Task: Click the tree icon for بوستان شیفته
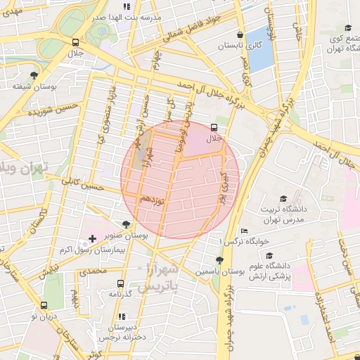[x=34, y=75]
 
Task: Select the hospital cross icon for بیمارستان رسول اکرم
[x=91, y=240]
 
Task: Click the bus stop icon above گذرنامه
[x=120, y=283]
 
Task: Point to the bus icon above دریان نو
[x=44, y=306]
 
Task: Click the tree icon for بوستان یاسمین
[x=219, y=259]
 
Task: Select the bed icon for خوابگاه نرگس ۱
[x=244, y=231]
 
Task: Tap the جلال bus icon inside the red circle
[x=214, y=128]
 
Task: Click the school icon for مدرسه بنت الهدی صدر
[x=127, y=6]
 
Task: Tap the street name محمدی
[x=93, y=269]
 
